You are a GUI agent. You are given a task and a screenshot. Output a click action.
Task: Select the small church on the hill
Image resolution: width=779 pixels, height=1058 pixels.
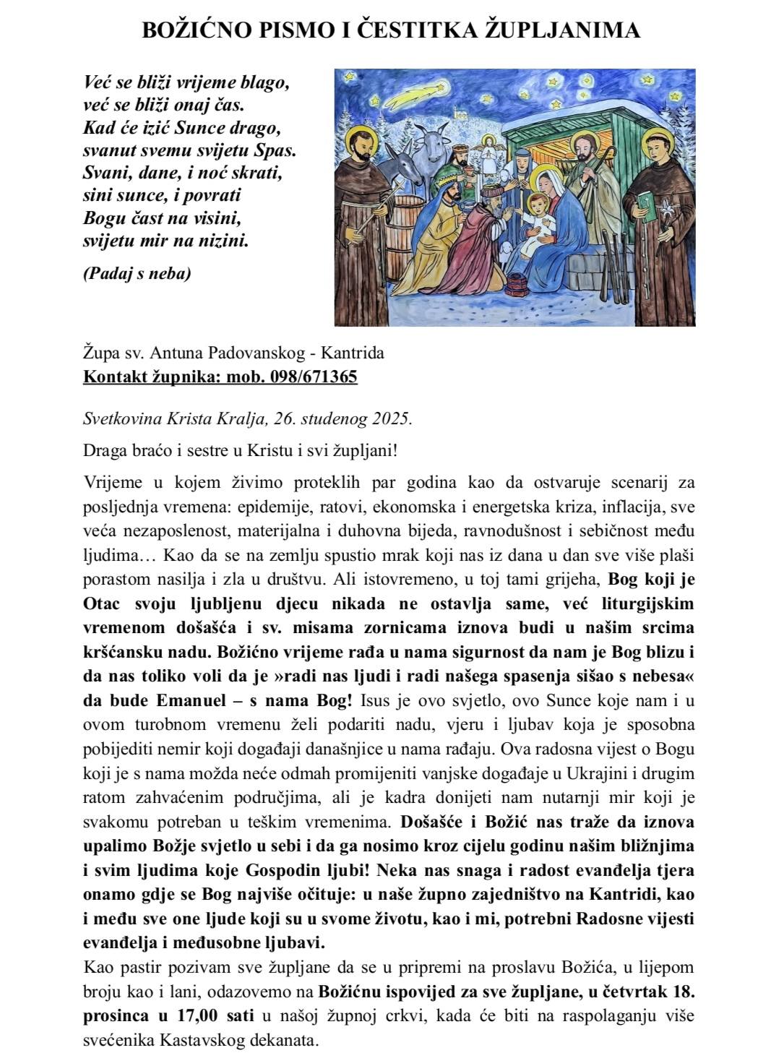[x=456, y=112]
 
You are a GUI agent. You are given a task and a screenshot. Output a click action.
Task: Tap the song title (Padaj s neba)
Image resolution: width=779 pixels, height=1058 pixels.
[x=137, y=274]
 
